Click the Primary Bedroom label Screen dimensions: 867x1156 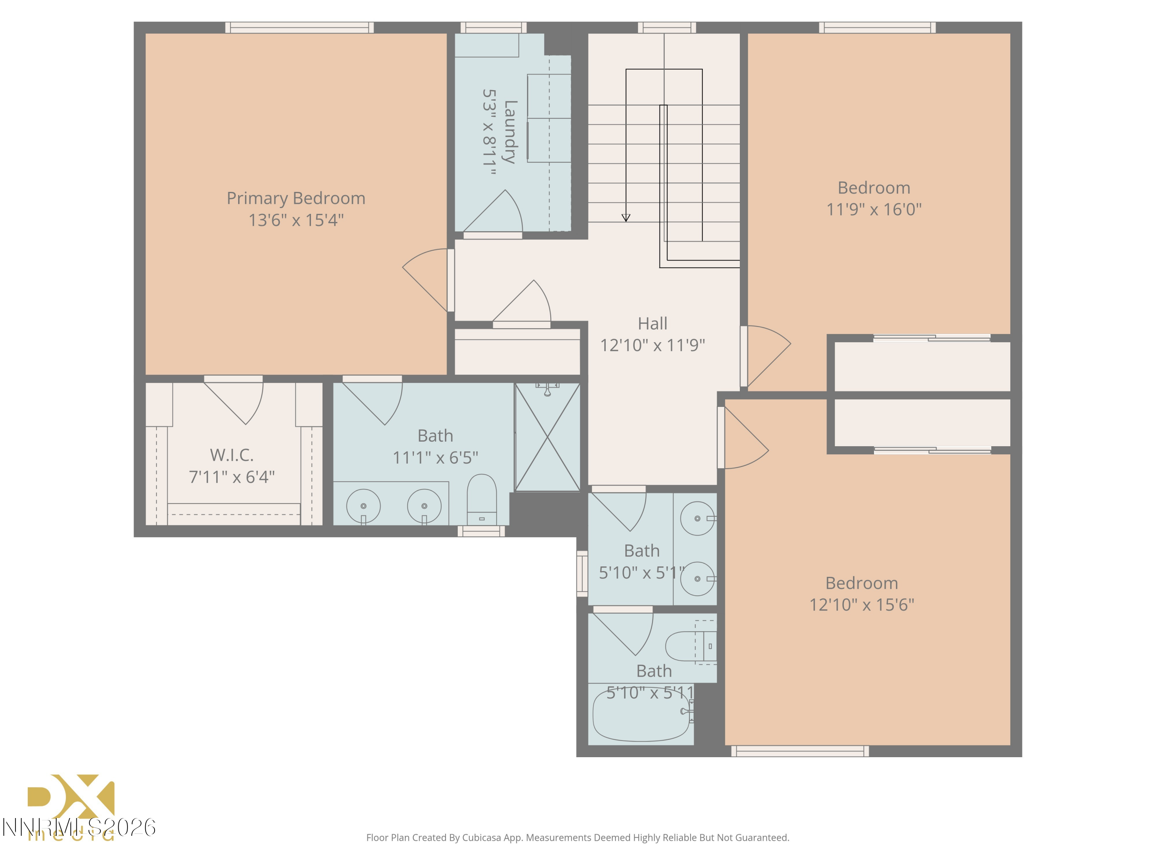[x=296, y=198]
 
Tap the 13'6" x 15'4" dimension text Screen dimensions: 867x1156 [x=296, y=220]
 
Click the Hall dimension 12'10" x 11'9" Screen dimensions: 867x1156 [x=652, y=345]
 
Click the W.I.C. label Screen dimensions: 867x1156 [x=232, y=455]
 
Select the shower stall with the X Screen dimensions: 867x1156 [x=547, y=437]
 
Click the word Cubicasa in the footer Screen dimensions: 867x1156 [x=481, y=838]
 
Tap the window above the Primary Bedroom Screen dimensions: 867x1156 [x=299, y=28]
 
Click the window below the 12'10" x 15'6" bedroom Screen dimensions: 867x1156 [x=800, y=751]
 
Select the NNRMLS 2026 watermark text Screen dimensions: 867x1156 [x=78, y=827]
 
